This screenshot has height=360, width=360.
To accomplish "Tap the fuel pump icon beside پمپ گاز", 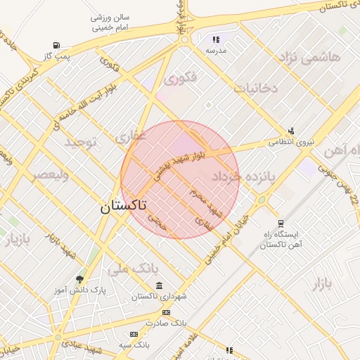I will point(56,45).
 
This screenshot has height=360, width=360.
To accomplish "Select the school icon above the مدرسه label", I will point(216,40).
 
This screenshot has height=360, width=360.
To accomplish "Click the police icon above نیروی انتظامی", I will point(291,131).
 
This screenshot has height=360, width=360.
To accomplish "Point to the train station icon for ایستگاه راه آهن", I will point(281,223).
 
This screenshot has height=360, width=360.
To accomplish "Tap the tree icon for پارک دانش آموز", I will point(79,279).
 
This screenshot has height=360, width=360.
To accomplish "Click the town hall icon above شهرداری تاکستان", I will point(160,286).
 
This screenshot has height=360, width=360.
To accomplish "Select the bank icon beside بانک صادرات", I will point(166,312).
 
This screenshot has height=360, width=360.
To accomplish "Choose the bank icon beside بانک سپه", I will point(134,334).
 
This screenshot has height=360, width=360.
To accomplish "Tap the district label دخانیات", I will point(256,88).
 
